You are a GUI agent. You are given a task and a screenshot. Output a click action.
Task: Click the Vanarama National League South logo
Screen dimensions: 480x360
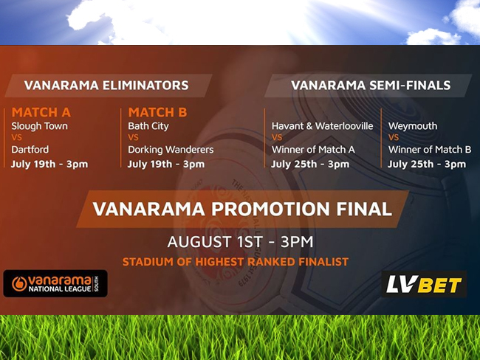coord(55,283)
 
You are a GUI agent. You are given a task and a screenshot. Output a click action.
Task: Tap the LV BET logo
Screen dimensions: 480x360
coord(424,284)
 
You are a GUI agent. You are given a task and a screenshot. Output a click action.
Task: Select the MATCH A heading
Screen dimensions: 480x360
coord(41,112)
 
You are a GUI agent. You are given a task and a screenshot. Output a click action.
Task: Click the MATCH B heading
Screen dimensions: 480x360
coord(157,112)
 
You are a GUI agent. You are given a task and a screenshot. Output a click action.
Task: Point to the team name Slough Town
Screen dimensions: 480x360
coord(39,126)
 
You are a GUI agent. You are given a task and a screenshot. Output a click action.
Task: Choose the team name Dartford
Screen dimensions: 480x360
coord(30,150)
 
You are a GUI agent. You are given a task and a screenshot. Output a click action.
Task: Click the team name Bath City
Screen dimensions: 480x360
coord(148,126)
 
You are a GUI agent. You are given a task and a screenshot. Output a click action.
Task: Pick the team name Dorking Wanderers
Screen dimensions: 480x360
coord(171,150)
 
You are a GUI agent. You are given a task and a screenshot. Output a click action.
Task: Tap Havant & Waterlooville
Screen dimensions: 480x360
coord(323,126)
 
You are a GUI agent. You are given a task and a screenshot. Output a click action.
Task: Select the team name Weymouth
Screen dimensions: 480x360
coord(413,126)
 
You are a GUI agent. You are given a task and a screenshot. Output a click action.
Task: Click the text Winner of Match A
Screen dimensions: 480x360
coord(313,150)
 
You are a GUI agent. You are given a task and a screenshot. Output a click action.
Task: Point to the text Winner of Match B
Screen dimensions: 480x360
coord(430,150)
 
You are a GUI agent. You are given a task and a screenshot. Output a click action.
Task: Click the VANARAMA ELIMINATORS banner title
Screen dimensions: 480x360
coord(106,86)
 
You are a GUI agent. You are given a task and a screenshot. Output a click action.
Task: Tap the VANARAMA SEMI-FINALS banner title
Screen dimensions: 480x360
coord(371,86)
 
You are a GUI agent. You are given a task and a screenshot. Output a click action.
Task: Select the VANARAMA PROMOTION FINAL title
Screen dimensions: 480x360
coord(242,209)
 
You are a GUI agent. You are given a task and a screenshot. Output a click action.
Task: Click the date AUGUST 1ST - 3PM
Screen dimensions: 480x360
coord(240,242)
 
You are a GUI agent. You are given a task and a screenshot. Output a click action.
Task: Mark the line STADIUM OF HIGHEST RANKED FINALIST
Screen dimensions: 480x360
coord(236,262)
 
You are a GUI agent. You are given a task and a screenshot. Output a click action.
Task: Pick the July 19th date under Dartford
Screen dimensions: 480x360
coord(49,165)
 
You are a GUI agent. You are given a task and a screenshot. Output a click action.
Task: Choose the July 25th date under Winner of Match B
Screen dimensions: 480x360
coord(427,165)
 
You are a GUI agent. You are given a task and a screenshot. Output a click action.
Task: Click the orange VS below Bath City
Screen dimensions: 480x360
coord(133,138)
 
